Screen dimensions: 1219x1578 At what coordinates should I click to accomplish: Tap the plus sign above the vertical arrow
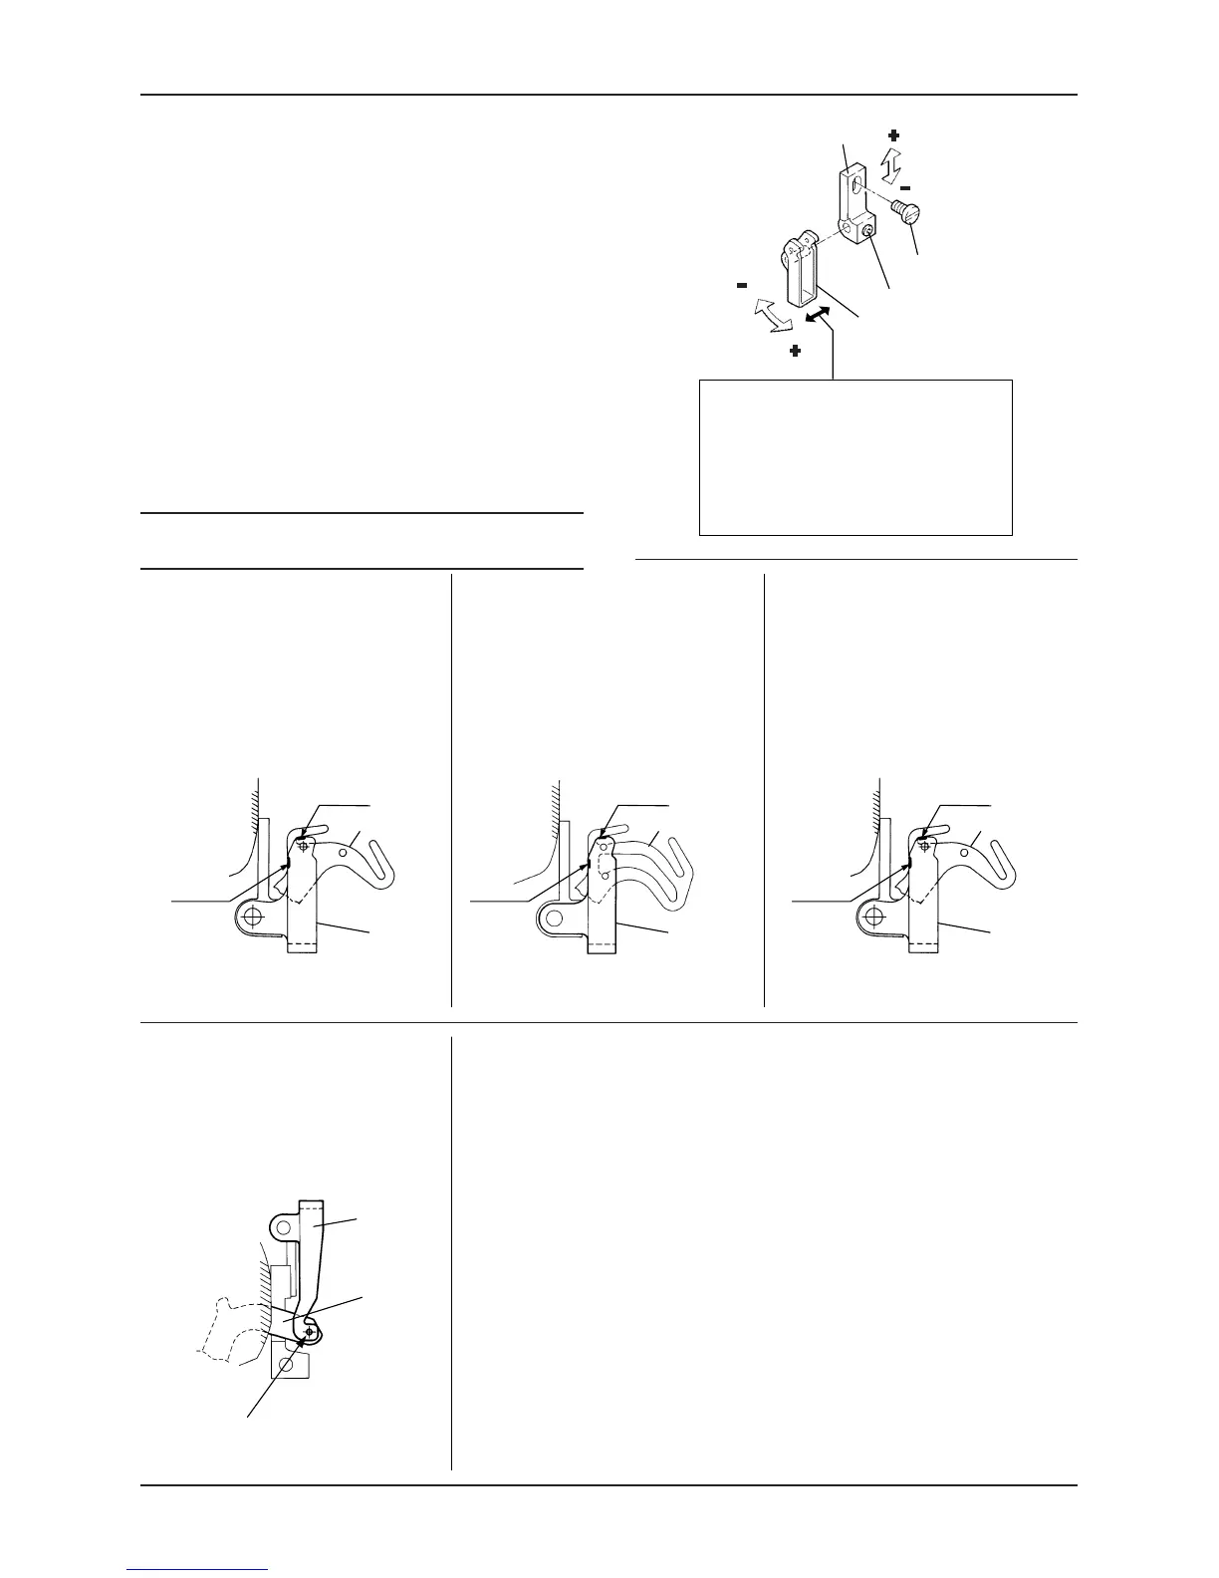[x=893, y=134]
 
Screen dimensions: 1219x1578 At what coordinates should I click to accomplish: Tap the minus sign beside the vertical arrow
[x=905, y=186]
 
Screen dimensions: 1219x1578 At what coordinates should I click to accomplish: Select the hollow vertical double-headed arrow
[x=894, y=160]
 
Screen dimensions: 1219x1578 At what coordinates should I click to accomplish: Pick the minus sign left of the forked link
[x=742, y=285]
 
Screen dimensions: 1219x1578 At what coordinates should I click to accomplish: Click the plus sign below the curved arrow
[x=795, y=352]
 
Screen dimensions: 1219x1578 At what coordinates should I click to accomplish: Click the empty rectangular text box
[x=855, y=456]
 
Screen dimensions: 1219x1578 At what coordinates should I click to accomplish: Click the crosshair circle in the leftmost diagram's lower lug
[x=254, y=916]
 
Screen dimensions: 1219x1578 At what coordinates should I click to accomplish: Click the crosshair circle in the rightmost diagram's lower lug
[x=875, y=916]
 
